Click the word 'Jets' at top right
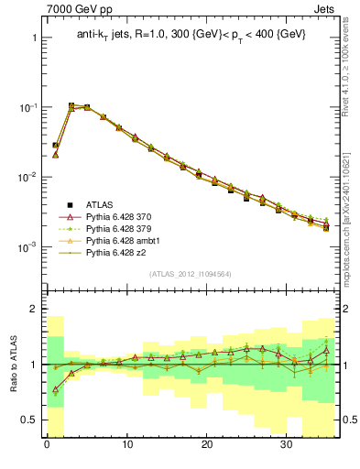tap(325, 8)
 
